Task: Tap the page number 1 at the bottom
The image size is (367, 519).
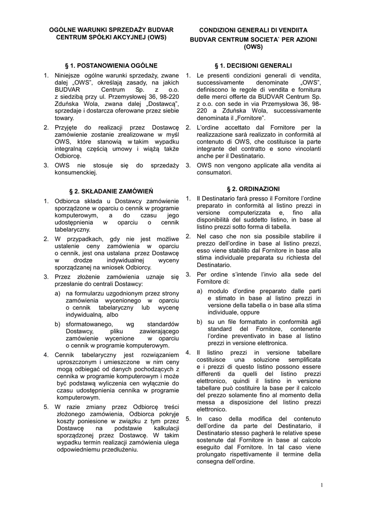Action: (x=321, y=486)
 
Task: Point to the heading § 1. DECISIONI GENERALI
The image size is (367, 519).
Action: (x=253, y=65)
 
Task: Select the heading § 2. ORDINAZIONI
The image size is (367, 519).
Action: (x=253, y=189)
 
